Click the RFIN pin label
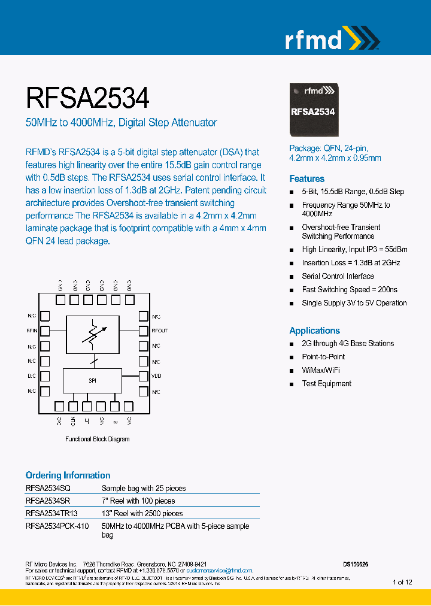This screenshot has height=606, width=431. pos(32,331)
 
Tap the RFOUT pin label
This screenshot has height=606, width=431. pos(160,331)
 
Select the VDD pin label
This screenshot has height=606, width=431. pos(157,376)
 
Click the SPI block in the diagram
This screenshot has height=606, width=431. pos(92,380)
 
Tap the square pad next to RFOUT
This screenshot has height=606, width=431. pos(143,331)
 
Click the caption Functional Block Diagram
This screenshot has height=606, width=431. pos(97,439)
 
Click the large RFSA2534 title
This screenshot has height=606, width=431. pos(87,97)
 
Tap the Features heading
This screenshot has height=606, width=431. pos(306,178)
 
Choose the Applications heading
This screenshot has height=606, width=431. pos(314,331)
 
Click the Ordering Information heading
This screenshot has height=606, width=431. pos(68,475)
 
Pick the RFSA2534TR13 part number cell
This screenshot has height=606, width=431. pos(51,513)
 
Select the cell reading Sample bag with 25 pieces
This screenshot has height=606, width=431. pos(144,488)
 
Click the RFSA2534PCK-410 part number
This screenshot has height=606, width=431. pos(57,526)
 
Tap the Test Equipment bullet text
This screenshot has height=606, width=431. pos(326,383)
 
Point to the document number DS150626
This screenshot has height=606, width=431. pos(356,564)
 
